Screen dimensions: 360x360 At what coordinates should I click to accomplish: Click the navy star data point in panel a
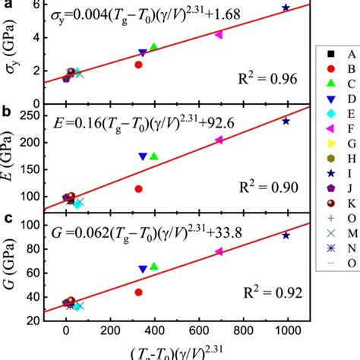pyautogui.click(x=286, y=8)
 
